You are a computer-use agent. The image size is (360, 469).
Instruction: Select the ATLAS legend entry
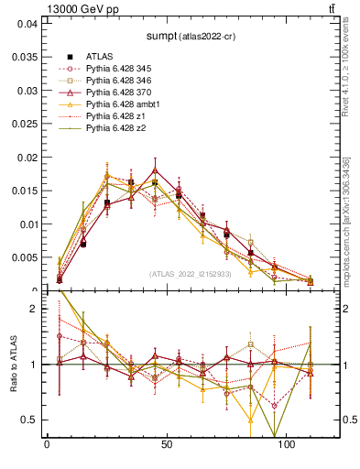[x=99, y=56]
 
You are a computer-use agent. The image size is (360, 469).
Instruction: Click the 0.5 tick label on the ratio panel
[x=29, y=420]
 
